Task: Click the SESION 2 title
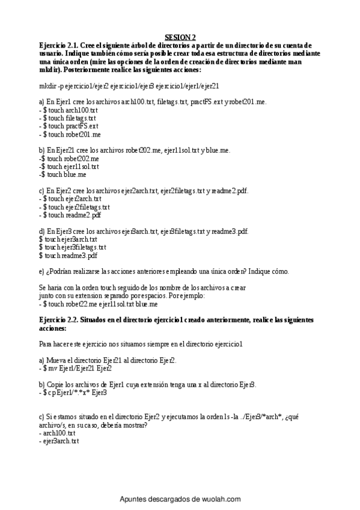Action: coord(180,37)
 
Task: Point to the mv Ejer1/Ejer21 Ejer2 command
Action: coord(73,367)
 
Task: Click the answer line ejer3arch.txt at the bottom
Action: coord(59,441)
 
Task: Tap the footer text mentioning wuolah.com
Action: coord(180,499)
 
